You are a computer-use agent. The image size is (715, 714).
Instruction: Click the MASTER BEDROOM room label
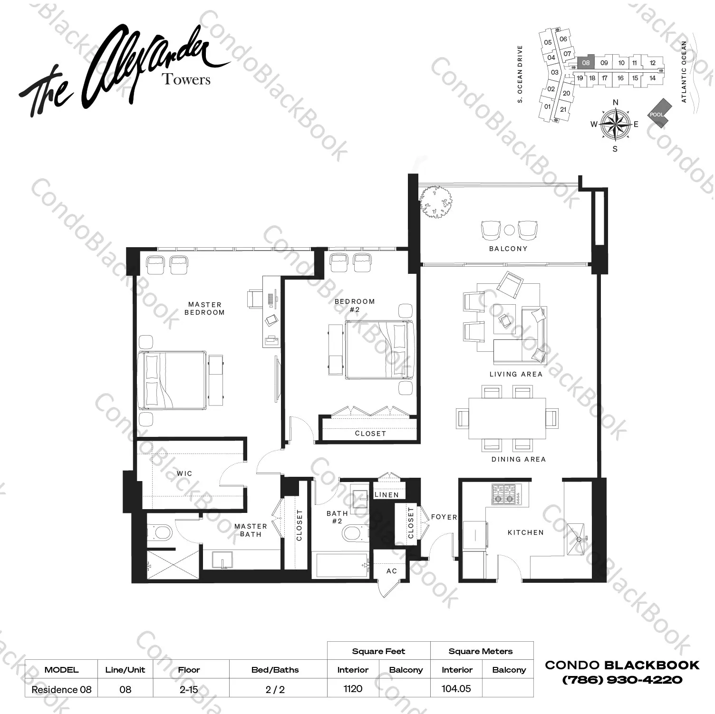pos(204,309)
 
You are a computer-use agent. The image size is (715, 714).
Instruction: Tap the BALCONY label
pos(508,249)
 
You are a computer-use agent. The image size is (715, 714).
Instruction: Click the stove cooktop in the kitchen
pos(504,494)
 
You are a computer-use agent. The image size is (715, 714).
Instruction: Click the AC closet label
pos(391,571)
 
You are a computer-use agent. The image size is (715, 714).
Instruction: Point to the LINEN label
pos(386,495)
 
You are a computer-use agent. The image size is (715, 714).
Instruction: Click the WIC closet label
pos(184,473)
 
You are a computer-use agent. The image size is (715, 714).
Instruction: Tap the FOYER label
pos(444,517)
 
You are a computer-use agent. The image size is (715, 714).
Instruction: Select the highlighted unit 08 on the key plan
pos(586,62)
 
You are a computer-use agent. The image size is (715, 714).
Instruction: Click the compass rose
pos(615,125)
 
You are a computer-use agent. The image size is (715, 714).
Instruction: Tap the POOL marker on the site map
pos(657,114)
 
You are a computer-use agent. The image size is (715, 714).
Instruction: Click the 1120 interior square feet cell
pos(353,689)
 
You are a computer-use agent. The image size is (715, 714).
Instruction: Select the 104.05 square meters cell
pos(456,689)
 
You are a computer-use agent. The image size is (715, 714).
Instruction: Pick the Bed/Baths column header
pos(275,670)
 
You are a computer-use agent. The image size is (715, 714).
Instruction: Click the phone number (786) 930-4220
pos(622,680)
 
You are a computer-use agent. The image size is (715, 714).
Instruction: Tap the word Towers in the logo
pos(186,79)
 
